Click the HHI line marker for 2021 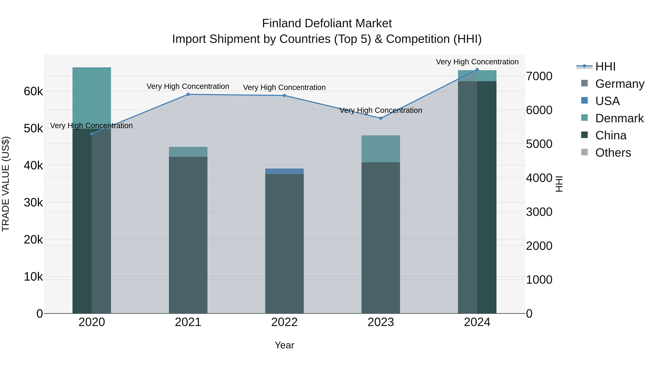[188, 94]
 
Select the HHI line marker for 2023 [381, 118]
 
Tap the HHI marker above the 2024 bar [477, 70]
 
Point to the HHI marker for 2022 [284, 95]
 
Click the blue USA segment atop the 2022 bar [284, 171]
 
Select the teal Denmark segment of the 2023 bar [381, 149]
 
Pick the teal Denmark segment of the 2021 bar [188, 152]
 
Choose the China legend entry [610, 136]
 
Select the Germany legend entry [619, 84]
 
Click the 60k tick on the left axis [33, 91]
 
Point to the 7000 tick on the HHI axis [539, 76]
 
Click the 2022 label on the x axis [284, 322]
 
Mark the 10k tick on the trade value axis [33, 277]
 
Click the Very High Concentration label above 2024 [477, 62]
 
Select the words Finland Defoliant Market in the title [327, 23]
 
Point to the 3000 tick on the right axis [539, 212]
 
